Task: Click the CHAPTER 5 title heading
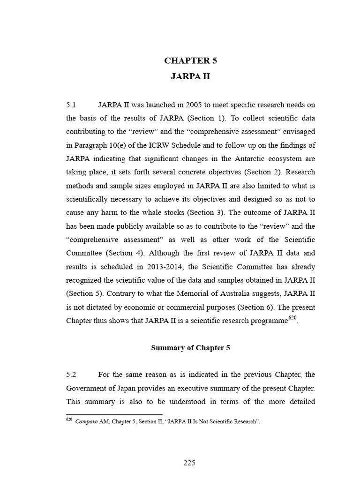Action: click(190, 60)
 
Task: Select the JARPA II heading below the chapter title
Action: click(190, 77)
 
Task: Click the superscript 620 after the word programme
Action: click(292, 318)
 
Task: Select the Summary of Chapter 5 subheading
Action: click(190, 348)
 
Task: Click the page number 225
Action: click(189, 463)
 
